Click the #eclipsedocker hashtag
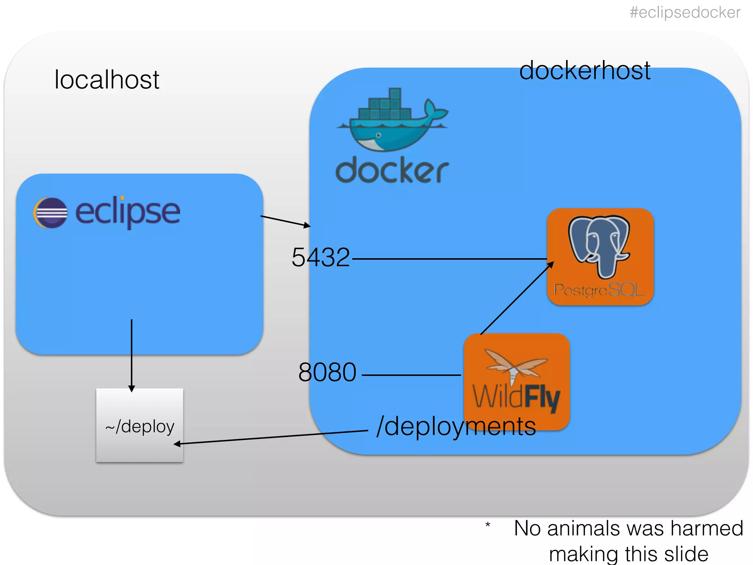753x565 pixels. pos(685,13)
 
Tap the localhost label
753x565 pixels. pos(107,79)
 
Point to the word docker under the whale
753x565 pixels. pos(392,170)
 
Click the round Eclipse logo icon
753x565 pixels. pos(51,213)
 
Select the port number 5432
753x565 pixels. pos(320,257)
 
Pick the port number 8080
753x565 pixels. pos(327,372)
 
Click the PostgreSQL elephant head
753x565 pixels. pos(599,245)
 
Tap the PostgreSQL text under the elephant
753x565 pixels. pos(599,290)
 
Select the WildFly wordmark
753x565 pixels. pos(516,397)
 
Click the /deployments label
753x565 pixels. pos(456,427)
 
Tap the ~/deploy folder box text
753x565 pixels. pos(140,427)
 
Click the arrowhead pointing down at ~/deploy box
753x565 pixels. pos(132,389)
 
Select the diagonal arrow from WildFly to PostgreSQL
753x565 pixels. pos(517,298)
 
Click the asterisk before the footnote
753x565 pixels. pos(488,525)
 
